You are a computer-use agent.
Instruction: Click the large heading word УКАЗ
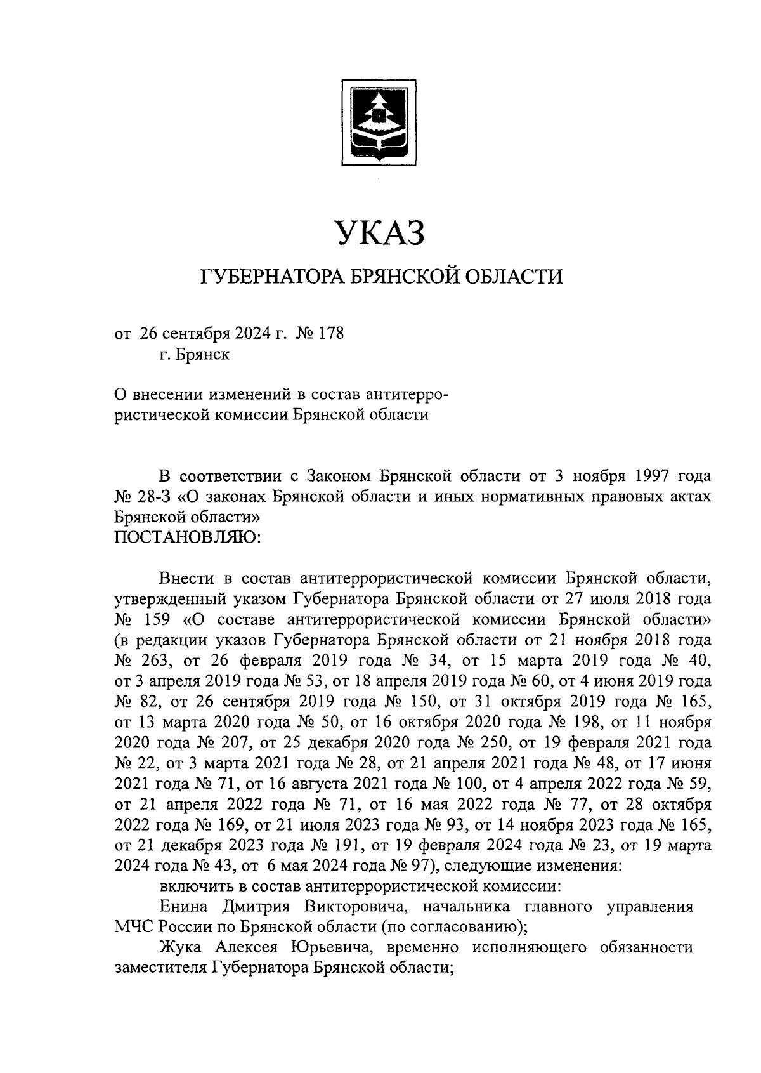click(x=379, y=233)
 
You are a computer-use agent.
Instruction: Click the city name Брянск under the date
click(x=204, y=354)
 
